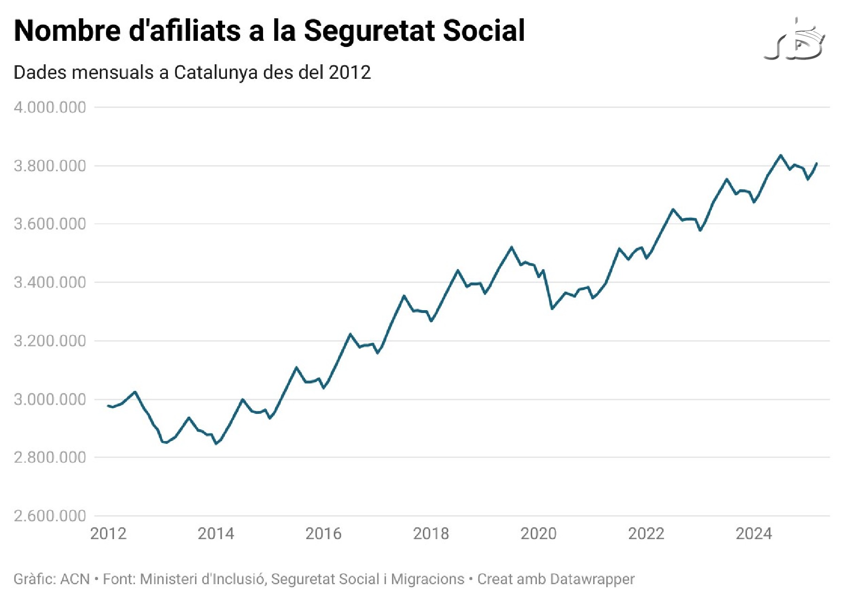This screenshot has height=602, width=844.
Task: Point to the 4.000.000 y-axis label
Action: click(50, 107)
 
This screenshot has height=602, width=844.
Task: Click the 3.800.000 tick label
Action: click(50, 166)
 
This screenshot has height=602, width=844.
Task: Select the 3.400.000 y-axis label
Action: click(50, 282)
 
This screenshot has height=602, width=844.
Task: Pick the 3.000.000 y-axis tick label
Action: click(50, 399)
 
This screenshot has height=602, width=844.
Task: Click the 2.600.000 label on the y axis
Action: click(50, 516)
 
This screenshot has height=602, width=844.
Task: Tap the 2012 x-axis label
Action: click(108, 533)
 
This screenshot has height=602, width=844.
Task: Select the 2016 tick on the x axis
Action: click(324, 533)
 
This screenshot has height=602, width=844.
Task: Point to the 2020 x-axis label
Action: click(538, 533)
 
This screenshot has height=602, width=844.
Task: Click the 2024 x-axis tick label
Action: click(754, 533)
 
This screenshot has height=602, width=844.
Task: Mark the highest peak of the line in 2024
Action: click(781, 155)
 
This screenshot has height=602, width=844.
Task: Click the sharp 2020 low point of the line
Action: click(552, 309)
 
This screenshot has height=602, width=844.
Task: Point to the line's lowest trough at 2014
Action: click(216, 443)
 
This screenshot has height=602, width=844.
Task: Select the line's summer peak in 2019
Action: click(512, 247)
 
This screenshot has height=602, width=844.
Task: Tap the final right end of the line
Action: click(817, 163)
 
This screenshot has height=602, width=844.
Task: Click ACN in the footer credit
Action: click(75, 579)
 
